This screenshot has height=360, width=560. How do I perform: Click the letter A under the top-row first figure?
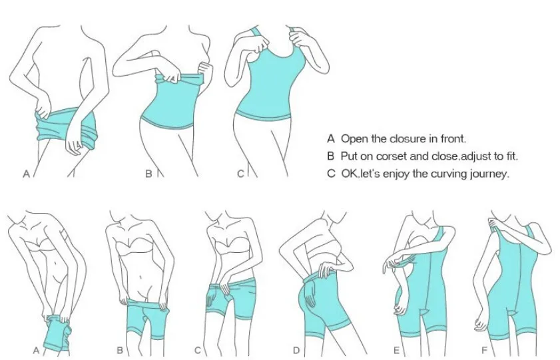[26, 174]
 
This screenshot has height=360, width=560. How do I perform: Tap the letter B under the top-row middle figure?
[148, 174]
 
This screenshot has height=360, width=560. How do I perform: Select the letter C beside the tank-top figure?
[241, 174]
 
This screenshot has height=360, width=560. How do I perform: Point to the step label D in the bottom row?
[296, 351]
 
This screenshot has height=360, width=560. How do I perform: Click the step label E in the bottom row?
[396, 351]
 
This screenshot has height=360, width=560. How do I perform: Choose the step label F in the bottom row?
[484, 351]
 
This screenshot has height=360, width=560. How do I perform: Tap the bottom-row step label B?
[120, 351]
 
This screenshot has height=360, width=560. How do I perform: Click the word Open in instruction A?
[354, 139]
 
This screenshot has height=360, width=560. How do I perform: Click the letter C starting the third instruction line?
[331, 174]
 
